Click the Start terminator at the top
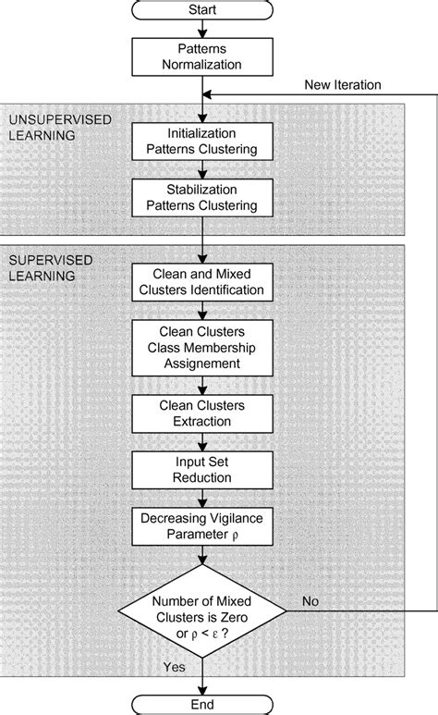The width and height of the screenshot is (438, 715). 201,11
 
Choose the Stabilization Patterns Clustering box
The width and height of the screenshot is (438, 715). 201,198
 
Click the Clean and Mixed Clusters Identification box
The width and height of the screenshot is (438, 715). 201,282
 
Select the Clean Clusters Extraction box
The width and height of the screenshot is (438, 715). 201,413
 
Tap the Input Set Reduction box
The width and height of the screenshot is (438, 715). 201,470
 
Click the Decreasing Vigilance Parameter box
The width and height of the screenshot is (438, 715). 201,527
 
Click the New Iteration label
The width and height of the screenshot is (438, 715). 342,85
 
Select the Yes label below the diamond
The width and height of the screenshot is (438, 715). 174,664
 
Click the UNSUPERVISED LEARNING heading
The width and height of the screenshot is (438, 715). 48,128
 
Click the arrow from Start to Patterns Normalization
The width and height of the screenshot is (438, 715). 201,31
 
